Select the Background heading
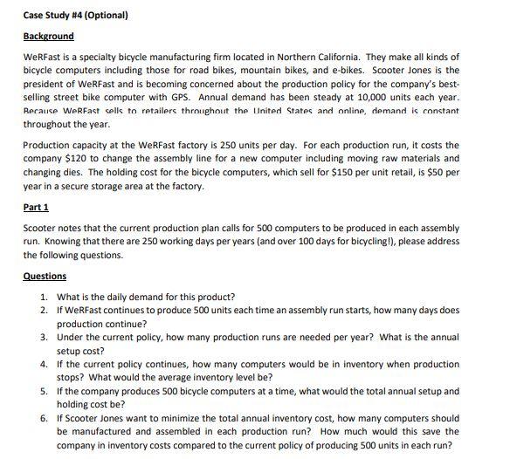49,36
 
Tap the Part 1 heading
36,208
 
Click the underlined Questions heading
45,276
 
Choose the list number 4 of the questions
44,363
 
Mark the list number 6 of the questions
44,418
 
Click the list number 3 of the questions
44,336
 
